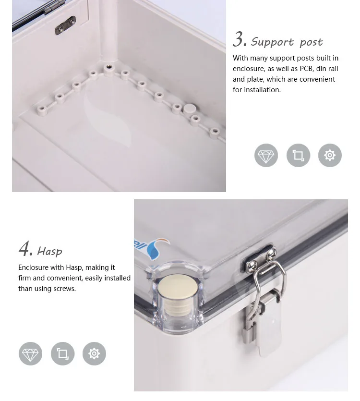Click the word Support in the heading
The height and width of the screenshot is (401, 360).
pos(272,42)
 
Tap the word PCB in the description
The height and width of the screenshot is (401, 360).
pos(307,69)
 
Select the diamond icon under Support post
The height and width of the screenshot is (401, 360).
pos(266,155)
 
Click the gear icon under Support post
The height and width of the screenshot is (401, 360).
pos(330,155)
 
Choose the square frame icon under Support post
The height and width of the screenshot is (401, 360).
pos(298,155)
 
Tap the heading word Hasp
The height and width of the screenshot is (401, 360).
pos(49,251)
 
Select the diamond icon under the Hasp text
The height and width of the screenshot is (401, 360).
pos(30,353)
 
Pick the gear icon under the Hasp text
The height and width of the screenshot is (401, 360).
pos(94,353)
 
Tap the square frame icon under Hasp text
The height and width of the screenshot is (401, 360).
pos(63,353)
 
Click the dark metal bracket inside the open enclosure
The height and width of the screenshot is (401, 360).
pos(65,25)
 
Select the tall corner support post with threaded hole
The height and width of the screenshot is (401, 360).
pos(108,38)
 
